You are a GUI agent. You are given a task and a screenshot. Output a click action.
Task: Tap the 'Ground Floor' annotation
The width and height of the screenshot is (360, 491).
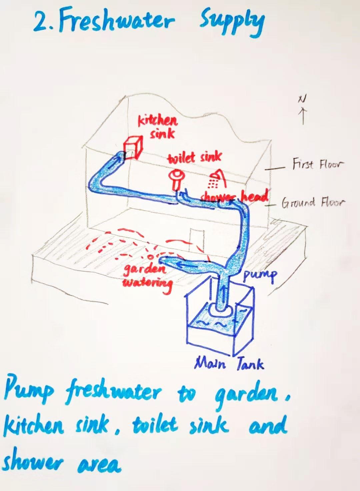313,202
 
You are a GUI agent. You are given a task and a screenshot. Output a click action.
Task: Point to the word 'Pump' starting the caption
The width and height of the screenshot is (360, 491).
28,392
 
